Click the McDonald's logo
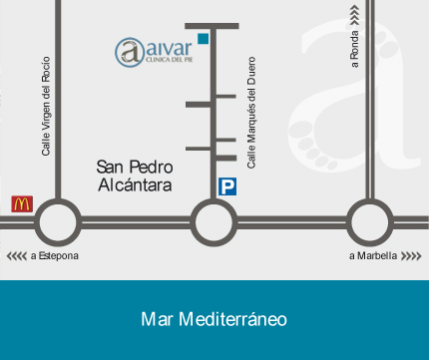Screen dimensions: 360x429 click(x=22, y=203)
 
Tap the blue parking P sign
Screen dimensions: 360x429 click(x=228, y=186)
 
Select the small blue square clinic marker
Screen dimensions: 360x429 click(x=203, y=39)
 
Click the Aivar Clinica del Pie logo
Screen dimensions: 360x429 click(x=154, y=51)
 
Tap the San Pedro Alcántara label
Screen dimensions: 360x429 click(x=135, y=176)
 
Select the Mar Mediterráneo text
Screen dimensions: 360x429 click(x=214, y=319)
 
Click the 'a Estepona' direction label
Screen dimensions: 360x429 click(x=54, y=256)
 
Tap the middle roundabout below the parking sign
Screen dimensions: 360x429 click(x=213, y=221)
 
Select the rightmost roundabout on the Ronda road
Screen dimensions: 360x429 click(x=369, y=221)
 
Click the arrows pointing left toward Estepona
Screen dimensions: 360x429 click(x=17, y=256)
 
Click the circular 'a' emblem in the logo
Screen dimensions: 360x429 click(x=128, y=51)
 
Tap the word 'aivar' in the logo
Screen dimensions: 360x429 click(x=167, y=47)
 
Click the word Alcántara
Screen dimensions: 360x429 click(x=135, y=184)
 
